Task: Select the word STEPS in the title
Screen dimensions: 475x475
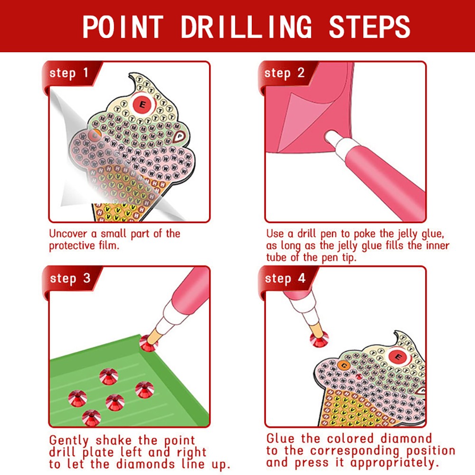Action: point(369,27)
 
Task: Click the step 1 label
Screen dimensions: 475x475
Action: point(69,73)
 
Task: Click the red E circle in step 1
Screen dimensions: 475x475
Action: point(142,103)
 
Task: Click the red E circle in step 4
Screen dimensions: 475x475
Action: point(399,356)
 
